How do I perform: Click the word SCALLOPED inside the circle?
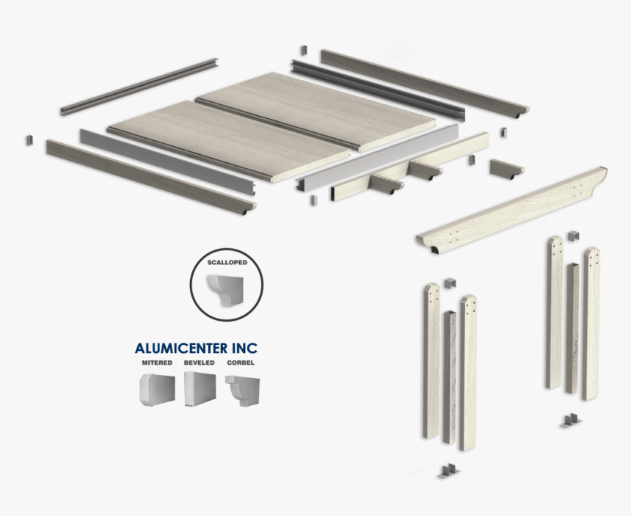226,262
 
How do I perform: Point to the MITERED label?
157,363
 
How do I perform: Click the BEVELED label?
200,363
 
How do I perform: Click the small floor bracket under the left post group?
447,470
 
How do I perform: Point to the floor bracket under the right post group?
569,421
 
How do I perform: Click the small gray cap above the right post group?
574,235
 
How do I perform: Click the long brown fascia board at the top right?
424,81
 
